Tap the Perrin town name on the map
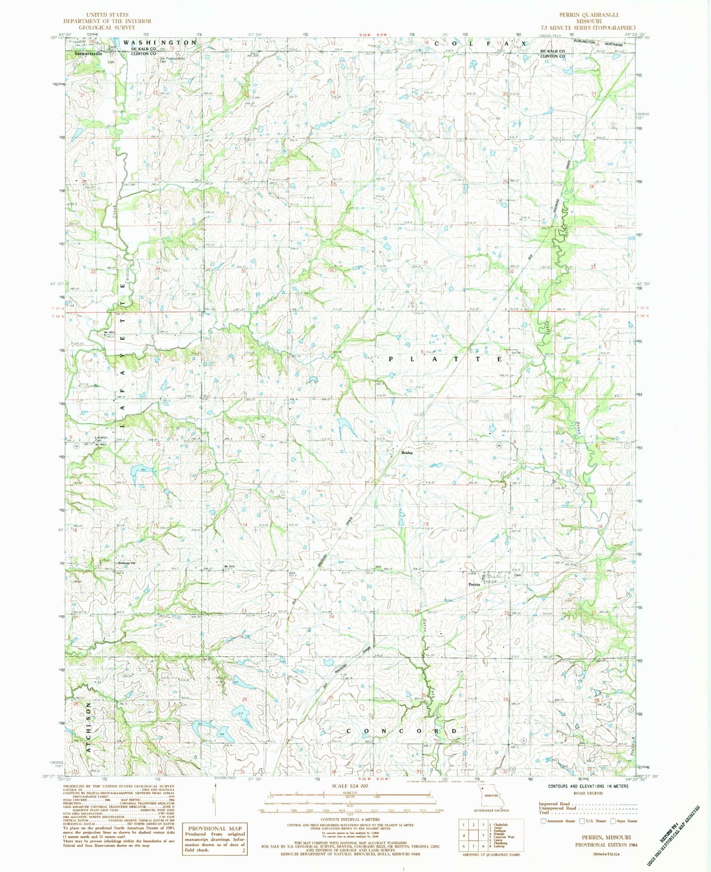[474, 585]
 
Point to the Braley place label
[406, 453]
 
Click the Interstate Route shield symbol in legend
[543, 821]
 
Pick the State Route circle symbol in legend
[613, 821]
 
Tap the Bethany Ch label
[125, 563]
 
